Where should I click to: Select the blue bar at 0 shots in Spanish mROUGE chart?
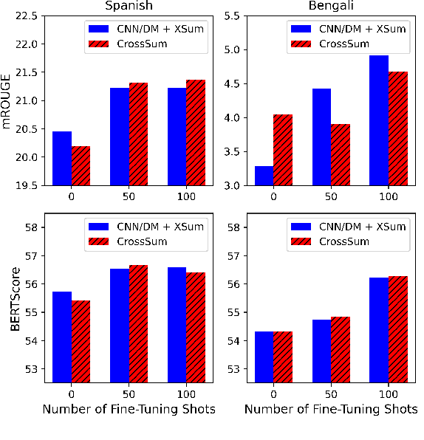(x=62, y=158)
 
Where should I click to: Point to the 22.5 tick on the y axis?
(x=27, y=16)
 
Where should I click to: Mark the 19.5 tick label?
(x=27, y=185)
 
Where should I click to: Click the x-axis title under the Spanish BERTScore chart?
(x=129, y=408)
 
